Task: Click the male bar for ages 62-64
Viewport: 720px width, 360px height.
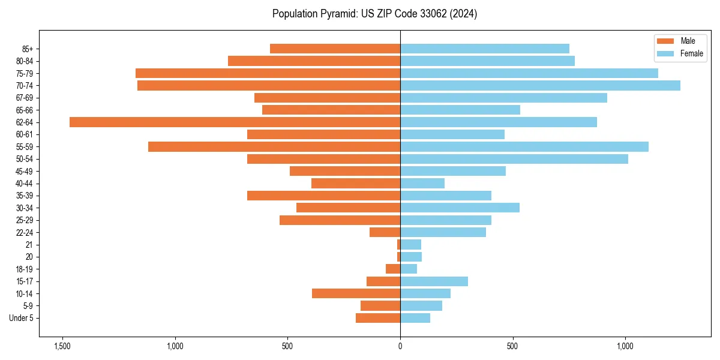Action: click(235, 122)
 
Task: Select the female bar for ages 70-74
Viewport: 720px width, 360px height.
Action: click(540, 85)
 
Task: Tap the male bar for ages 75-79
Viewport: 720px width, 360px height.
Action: click(268, 73)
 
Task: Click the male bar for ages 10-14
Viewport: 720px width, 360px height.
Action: click(356, 293)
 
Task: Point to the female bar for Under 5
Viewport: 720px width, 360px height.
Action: click(415, 318)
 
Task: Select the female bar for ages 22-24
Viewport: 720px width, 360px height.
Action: click(443, 232)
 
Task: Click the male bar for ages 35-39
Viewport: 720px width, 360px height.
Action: click(323, 196)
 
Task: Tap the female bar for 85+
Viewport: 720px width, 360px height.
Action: click(484, 49)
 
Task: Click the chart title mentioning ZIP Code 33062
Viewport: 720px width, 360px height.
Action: click(374, 14)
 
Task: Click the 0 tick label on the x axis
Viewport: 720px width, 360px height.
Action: click(400, 346)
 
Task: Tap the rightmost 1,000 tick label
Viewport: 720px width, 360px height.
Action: click(625, 346)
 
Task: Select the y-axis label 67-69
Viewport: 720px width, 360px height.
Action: click(25, 98)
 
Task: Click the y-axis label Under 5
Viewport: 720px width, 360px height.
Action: click(21, 318)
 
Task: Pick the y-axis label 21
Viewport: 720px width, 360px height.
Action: click(29, 245)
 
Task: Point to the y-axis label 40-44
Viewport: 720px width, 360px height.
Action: click(25, 184)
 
